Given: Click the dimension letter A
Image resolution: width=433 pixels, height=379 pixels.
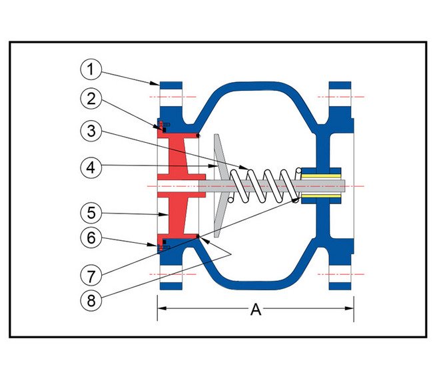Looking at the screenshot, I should tap(255, 309).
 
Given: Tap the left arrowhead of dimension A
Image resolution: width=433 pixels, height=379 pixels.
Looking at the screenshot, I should tap(161, 308).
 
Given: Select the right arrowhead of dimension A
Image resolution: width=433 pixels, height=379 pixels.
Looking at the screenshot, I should tap(350, 308).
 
